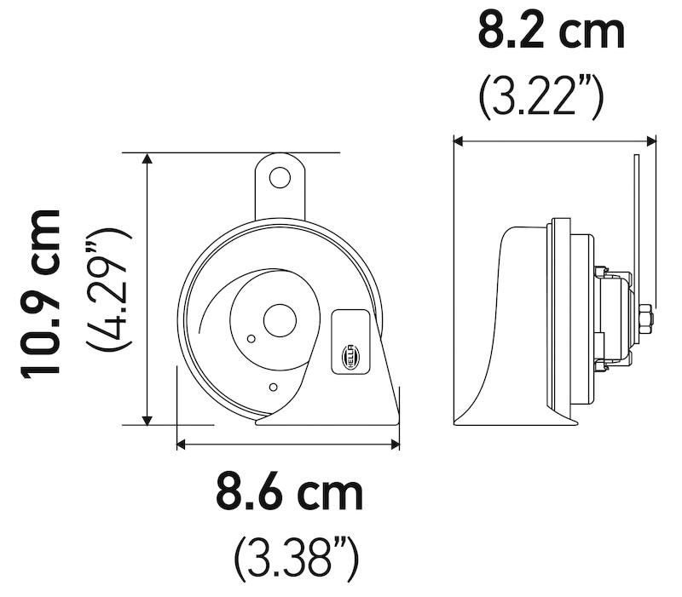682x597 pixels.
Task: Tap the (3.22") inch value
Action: [541, 98]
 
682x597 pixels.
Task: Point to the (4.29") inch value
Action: [108, 290]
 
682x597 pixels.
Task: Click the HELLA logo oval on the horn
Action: [350, 353]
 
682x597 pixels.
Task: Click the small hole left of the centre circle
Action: [250, 339]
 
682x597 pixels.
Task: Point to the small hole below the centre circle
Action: [272, 387]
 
